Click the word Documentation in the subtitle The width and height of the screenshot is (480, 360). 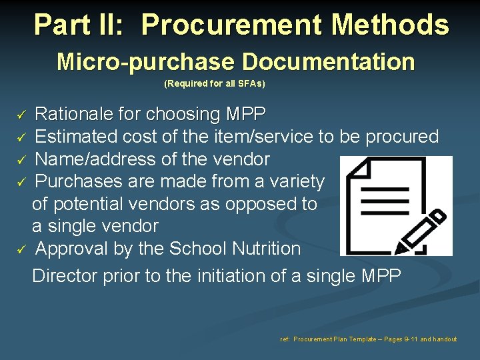click(328, 62)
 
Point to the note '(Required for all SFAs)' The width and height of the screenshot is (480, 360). click(215, 83)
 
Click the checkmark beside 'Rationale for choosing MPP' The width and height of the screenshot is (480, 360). click(21, 115)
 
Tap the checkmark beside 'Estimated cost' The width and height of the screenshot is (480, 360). click(21, 137)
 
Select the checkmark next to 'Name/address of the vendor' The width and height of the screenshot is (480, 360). click(21, 160)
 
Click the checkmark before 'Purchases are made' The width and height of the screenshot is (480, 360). click(21, 182)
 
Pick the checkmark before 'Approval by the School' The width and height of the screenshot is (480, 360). click(21, 249)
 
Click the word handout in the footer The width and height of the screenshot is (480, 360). click(445, 339)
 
